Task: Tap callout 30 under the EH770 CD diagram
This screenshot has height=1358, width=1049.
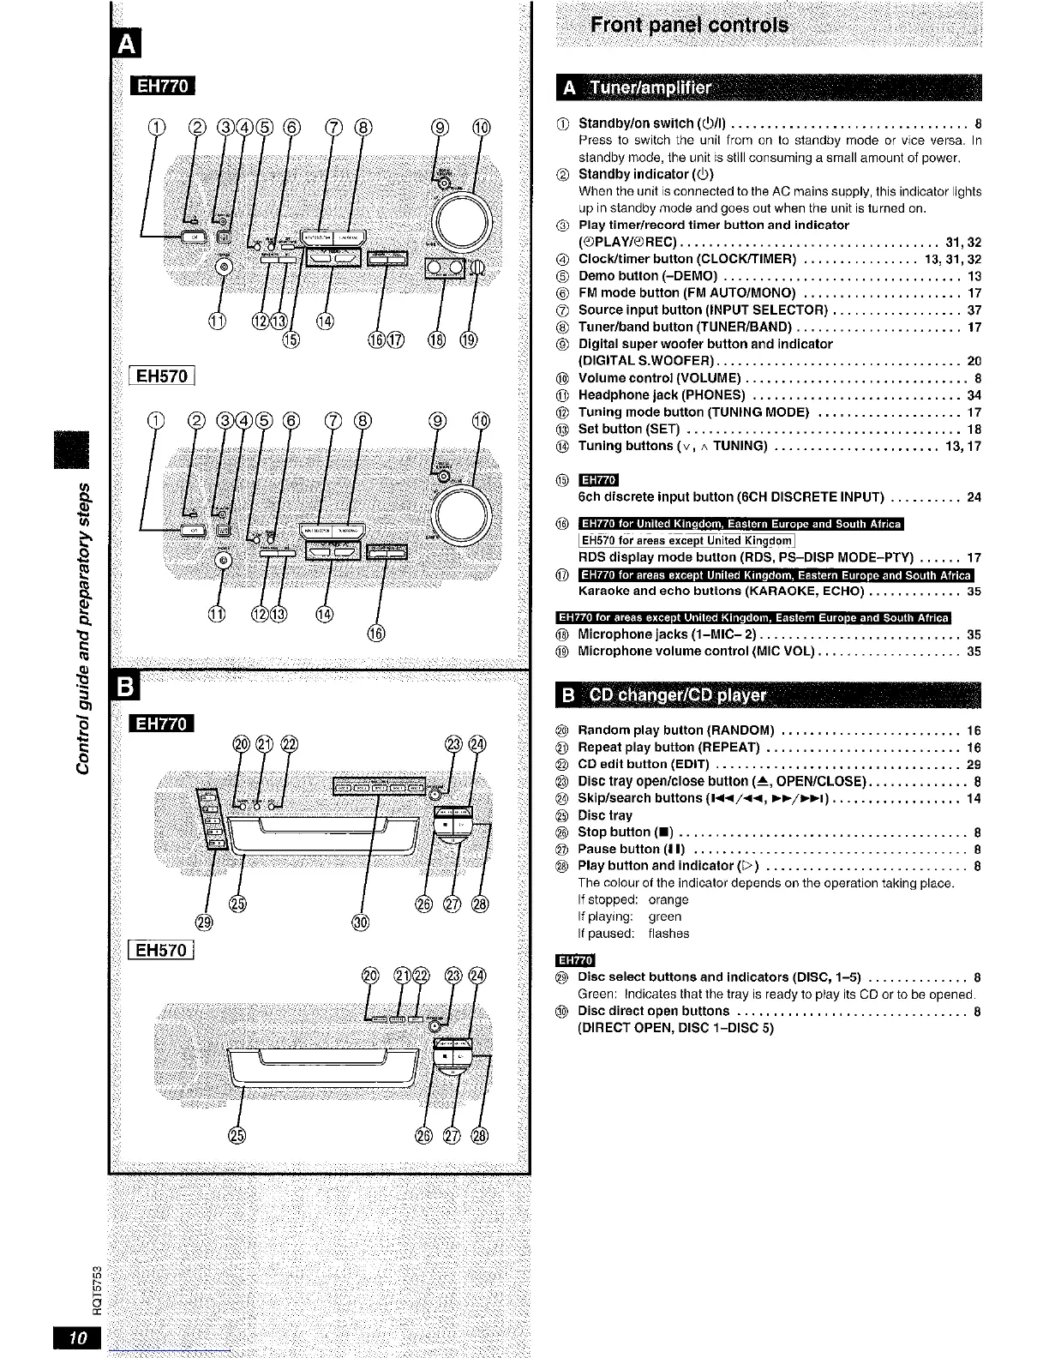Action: pyautogui.click(x=361, y=922)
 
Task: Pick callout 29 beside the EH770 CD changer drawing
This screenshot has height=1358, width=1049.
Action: pyautogui.click(x=204, y=922)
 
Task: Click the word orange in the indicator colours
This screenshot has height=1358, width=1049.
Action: pyautogui.click(x=668, y=900)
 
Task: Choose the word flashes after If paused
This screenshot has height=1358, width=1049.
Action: pyautogui.click(x=668, y=934)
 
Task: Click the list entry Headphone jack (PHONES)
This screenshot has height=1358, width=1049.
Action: pyautogui.click(x=662, y=395)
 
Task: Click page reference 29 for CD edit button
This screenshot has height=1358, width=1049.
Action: pyautogui.click(x=974, y=765)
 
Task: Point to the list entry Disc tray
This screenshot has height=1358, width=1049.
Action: pyautogui.click(x=605, y=815)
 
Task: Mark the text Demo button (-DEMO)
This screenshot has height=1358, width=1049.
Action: pyautogui.click(x=648, y=276)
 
